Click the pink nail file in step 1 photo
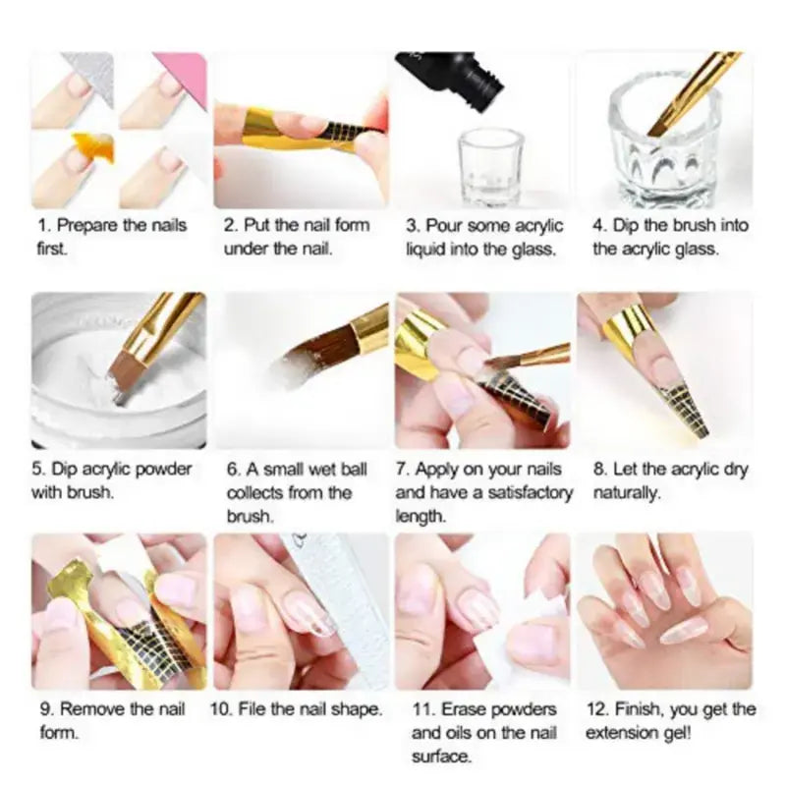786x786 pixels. [181, 73]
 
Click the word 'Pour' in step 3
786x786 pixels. [441, 226]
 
